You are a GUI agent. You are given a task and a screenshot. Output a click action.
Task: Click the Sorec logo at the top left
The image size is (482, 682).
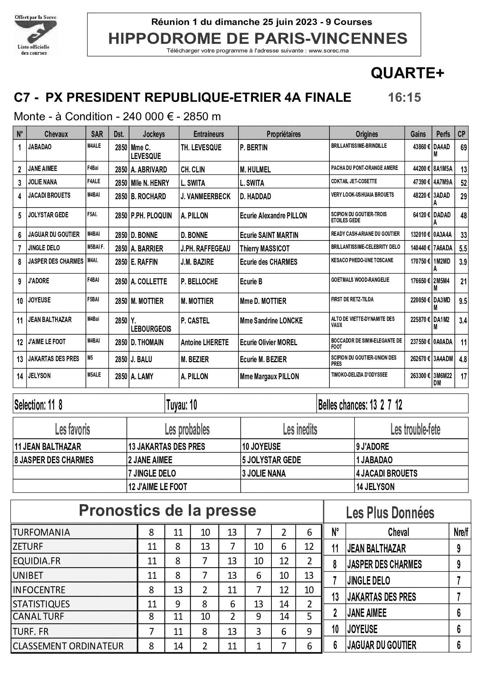click(35, 35)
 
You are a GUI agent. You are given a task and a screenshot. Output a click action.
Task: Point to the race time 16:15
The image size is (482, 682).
click(404, 97)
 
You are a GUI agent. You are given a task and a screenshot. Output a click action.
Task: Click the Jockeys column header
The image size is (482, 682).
click(154, 134)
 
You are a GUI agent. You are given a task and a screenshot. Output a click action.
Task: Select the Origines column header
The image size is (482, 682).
click(366, 134)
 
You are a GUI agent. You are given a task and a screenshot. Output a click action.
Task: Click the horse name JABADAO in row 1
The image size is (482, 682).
click(40, 147)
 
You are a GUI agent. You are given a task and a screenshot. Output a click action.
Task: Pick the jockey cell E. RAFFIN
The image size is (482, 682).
click(144, 262)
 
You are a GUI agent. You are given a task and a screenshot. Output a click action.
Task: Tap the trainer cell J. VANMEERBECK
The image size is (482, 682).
click(205, 196)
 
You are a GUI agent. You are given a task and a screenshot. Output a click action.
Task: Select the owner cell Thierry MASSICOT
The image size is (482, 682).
click(265, 248)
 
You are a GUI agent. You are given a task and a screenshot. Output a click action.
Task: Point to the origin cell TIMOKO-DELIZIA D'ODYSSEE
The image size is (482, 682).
click(354, 375)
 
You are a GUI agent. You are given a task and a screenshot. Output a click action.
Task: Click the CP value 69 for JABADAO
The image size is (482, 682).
click(463, 147)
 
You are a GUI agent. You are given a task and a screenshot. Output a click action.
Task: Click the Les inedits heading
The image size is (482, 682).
click(300, 430)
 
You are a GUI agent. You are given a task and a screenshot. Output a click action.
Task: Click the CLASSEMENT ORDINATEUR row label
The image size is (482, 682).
click(68, 646)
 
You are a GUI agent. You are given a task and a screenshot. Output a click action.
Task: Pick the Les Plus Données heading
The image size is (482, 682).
click(390, 513)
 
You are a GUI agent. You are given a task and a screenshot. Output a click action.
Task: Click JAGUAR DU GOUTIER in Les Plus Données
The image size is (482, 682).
click(382, 645)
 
